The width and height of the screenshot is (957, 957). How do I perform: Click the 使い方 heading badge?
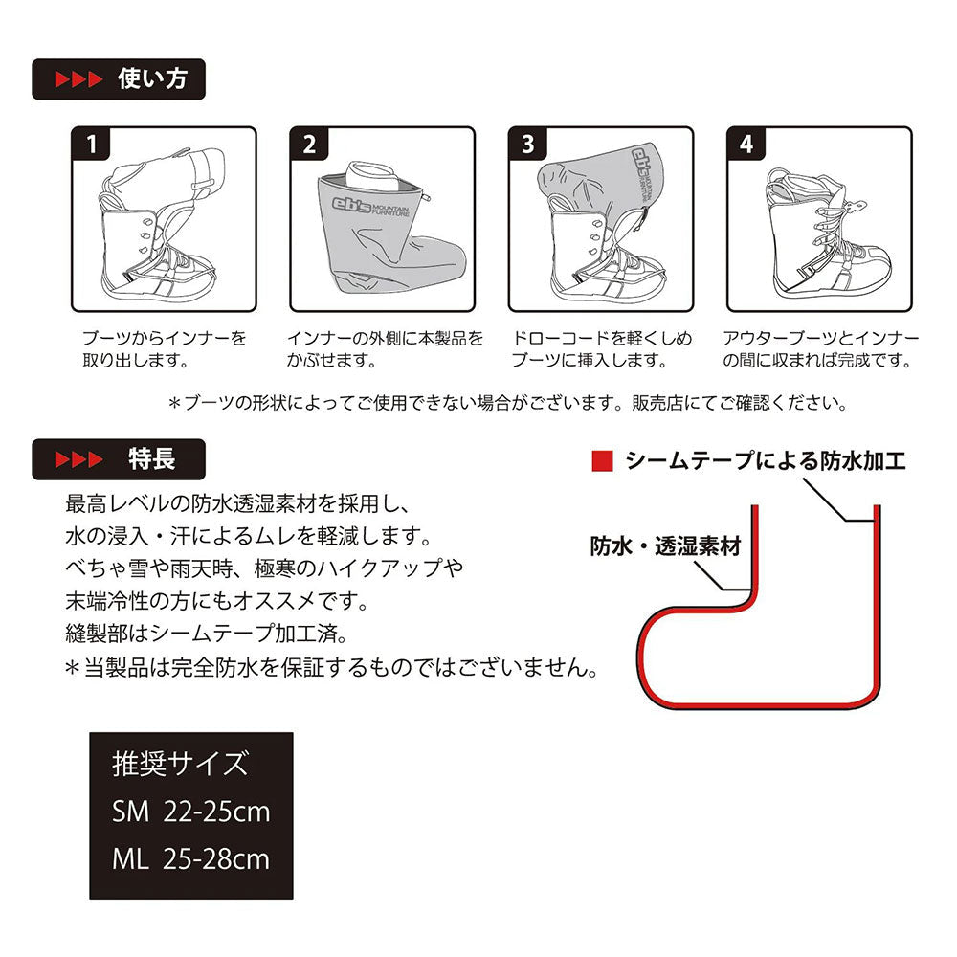[119, 79]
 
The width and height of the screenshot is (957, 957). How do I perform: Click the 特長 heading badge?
[119, 459]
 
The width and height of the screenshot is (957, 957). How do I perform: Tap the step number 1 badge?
[92, 145]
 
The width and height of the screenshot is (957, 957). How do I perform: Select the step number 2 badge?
[310, 145]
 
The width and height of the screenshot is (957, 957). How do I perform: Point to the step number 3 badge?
[528, 145]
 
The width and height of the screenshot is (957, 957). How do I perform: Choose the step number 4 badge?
[746, 145]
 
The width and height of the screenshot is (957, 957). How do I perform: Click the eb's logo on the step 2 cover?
[369, 207]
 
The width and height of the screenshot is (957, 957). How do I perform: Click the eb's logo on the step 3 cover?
[641, 171]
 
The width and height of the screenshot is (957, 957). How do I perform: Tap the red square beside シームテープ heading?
[602, 461]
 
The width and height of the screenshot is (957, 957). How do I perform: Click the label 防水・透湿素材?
[665, 546]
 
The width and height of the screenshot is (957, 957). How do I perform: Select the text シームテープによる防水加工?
[766, 461]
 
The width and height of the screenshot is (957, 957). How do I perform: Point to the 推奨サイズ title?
[181, 764]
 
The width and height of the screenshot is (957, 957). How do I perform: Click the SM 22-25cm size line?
[191, 812]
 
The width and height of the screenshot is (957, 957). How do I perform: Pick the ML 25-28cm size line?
[191, 859]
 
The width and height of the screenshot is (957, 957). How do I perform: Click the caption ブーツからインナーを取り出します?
[165, 349]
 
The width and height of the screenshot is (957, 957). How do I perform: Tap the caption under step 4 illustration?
[821, 349]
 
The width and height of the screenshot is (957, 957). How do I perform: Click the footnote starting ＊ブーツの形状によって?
[508, 404]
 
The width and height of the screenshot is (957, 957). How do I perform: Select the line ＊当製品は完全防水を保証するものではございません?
[331, 668]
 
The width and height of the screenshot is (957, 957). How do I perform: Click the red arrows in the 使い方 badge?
[79, 79]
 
